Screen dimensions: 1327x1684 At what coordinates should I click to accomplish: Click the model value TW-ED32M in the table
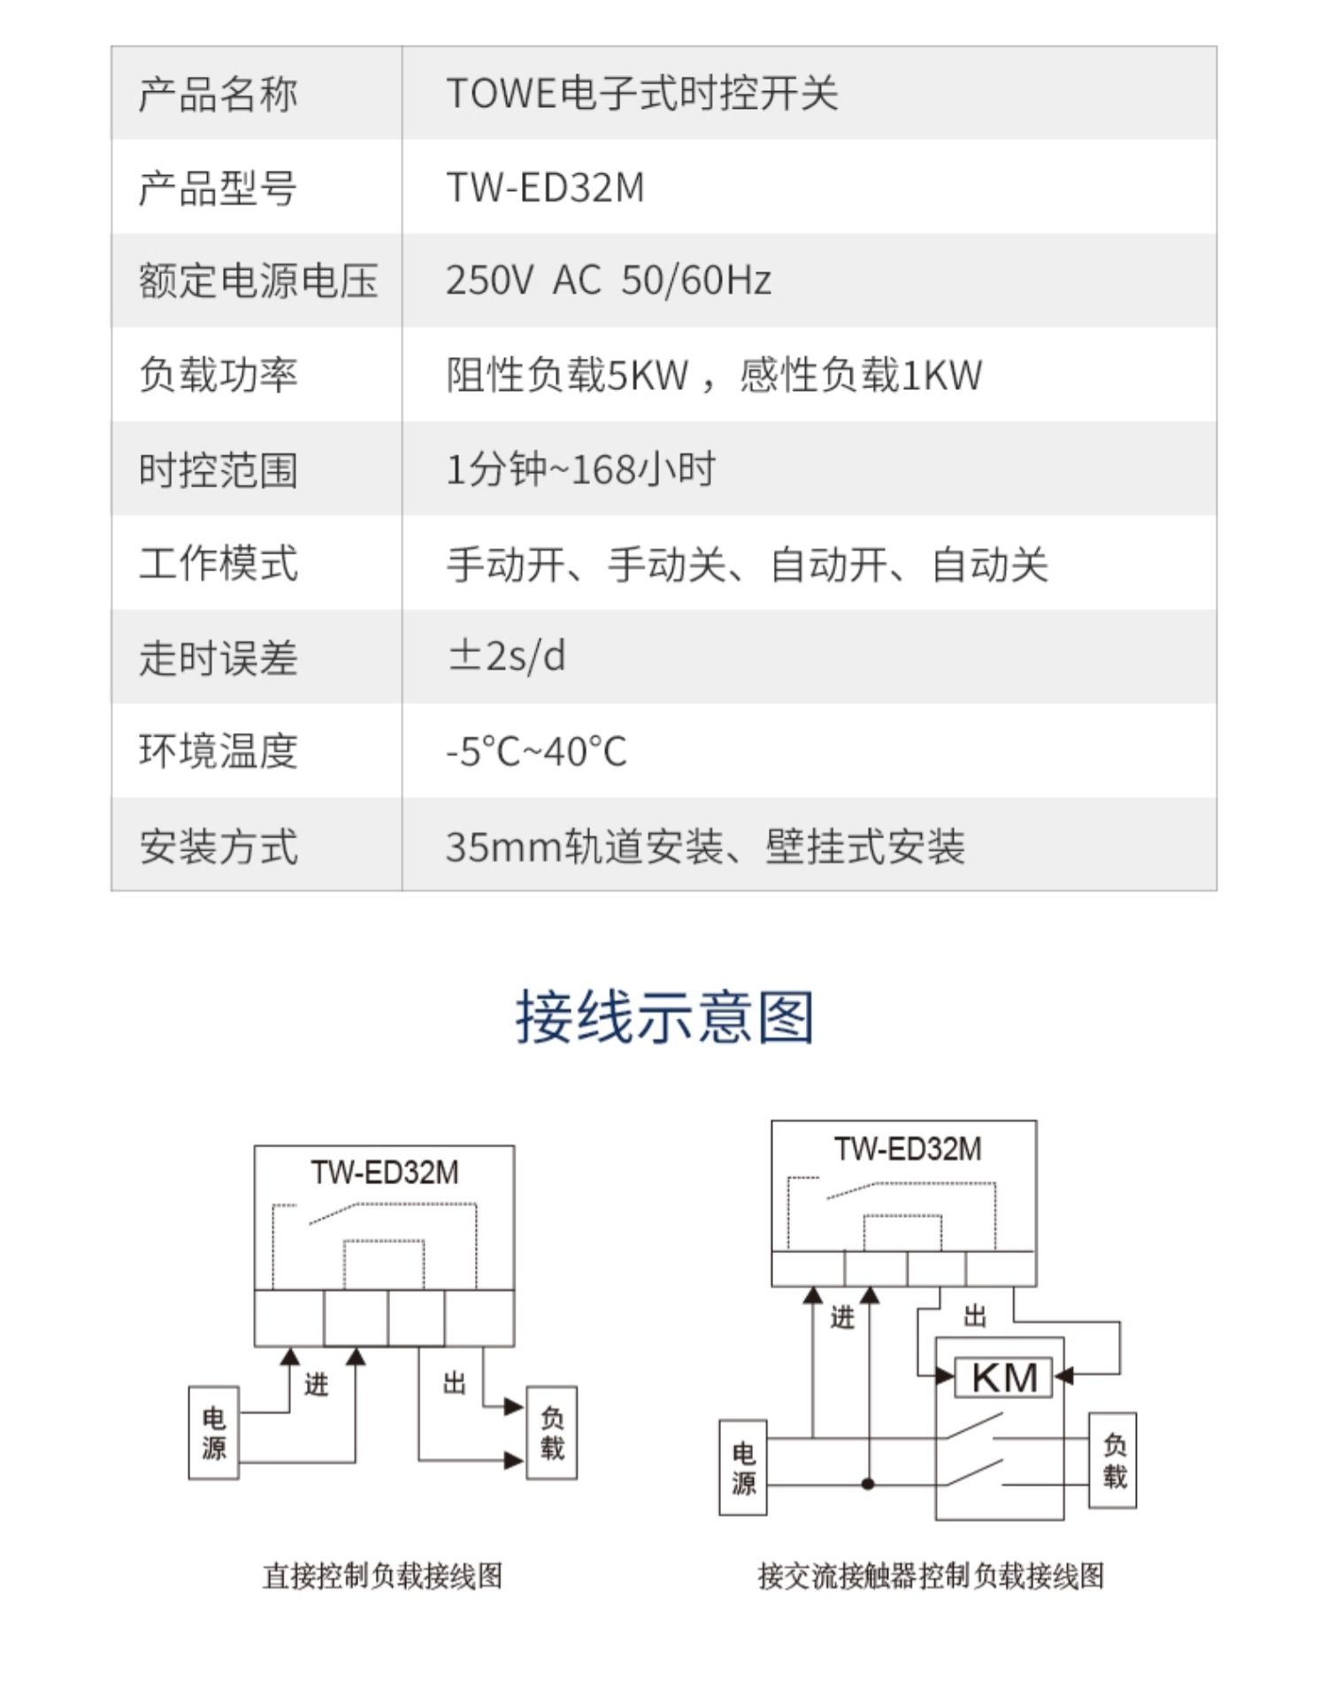point(545,188)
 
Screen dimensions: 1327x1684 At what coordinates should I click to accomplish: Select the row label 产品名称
point(218,94)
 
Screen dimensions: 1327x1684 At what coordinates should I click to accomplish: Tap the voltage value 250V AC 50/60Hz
point(609,280)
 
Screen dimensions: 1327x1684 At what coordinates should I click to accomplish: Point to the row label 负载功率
point(218,375)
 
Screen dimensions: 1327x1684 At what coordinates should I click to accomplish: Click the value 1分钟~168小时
point(580,469)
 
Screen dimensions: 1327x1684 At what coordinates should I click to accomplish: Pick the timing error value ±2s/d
point(507,656)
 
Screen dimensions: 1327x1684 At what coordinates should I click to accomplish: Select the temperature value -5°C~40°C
point(536,752)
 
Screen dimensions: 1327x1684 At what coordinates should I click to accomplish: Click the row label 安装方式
point(218,846)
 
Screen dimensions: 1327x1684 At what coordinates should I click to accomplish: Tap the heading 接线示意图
point(664,1016)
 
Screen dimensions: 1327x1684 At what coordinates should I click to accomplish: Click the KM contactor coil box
point(1003,1377)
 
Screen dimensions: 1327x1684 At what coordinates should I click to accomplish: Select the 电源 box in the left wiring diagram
point(214,1433)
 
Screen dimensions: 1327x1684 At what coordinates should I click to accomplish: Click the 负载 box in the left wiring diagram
point(552,1433)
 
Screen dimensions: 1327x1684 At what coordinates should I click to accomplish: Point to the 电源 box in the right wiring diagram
point(743,1468)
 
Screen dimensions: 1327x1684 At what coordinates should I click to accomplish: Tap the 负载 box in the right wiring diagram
point(1113,1460)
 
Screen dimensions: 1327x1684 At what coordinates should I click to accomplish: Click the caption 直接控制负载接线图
point(382,1575)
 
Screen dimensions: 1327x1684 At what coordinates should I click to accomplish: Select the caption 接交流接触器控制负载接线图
point(931,1575)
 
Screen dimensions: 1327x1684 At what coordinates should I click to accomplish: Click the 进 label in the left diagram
point(316,1384)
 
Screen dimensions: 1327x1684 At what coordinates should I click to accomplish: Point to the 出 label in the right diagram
point(975,1316)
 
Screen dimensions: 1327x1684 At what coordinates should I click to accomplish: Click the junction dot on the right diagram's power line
point(869,1483)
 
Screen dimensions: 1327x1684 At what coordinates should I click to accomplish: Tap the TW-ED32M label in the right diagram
point(908,1149)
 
